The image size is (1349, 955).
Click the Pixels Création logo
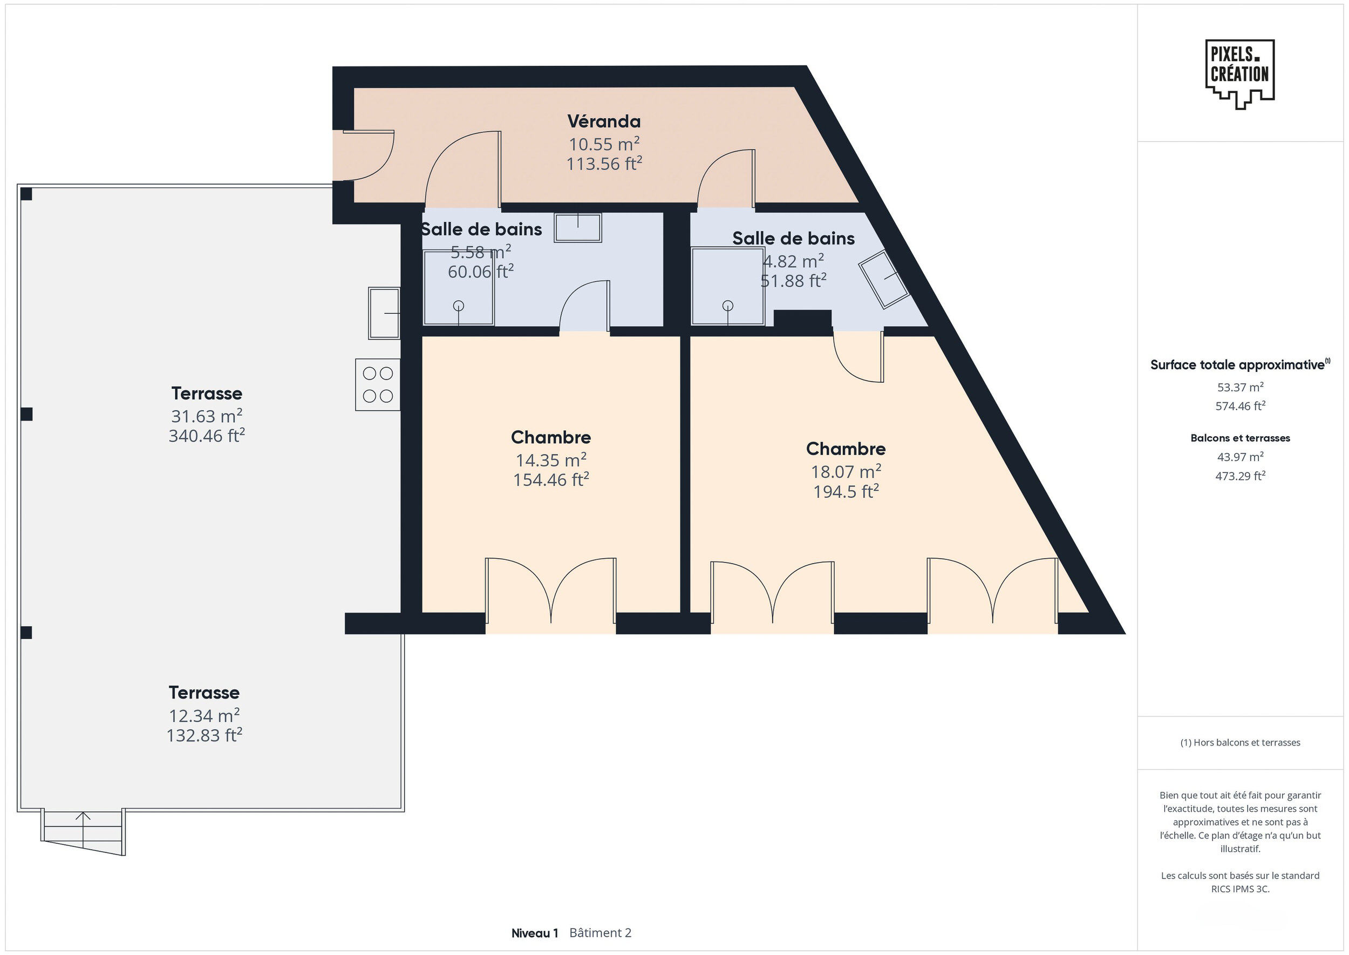1239,74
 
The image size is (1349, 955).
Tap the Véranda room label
604,121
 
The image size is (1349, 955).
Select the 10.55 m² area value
604,144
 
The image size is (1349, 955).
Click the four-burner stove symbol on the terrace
378,384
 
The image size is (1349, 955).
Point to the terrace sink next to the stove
384,313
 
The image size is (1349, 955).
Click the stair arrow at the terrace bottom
83,829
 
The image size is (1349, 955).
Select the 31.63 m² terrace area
207,416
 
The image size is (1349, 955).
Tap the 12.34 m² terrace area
204,715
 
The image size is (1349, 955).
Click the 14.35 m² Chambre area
551,459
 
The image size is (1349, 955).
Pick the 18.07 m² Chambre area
846,471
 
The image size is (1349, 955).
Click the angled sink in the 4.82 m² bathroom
883,280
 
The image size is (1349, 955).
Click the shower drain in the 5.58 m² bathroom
459,306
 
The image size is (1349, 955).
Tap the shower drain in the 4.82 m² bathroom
728,306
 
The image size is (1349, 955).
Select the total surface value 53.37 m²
1240,387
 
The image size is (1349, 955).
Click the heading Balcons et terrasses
1240,438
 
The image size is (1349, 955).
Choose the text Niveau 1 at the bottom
534,933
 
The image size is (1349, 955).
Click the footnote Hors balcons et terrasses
1246,742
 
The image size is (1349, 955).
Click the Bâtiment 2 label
600,933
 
